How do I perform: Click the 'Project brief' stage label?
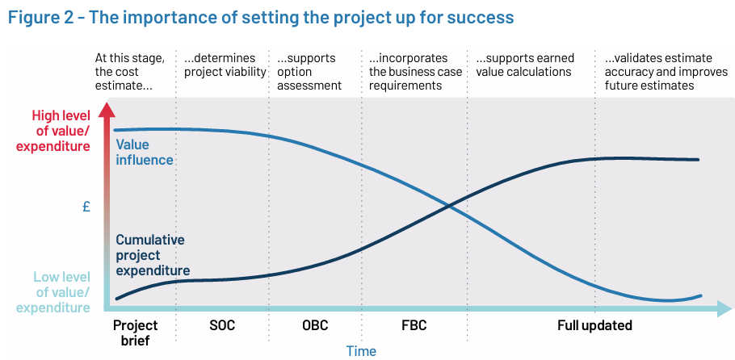pos(136,333)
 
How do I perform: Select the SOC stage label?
pos(222,325)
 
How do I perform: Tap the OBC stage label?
pos(315,325)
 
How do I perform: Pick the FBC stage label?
pos(414,325)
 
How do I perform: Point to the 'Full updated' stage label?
pos(594,325)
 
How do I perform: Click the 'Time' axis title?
pos(361,350)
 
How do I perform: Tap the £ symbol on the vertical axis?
pos(86,207)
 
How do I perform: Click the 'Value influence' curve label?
pos(145,152)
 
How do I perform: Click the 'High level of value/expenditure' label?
pos(53,131)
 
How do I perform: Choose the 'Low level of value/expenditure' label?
pos(53,292)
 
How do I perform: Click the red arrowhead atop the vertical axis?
pos(107,109)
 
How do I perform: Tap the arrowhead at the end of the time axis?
pos(724,309)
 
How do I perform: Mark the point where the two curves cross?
pos(449,205)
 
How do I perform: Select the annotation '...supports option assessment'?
pos(309,72)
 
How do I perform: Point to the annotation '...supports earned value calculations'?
pos(525,65)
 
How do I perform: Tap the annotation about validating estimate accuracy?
pos(666,72)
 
